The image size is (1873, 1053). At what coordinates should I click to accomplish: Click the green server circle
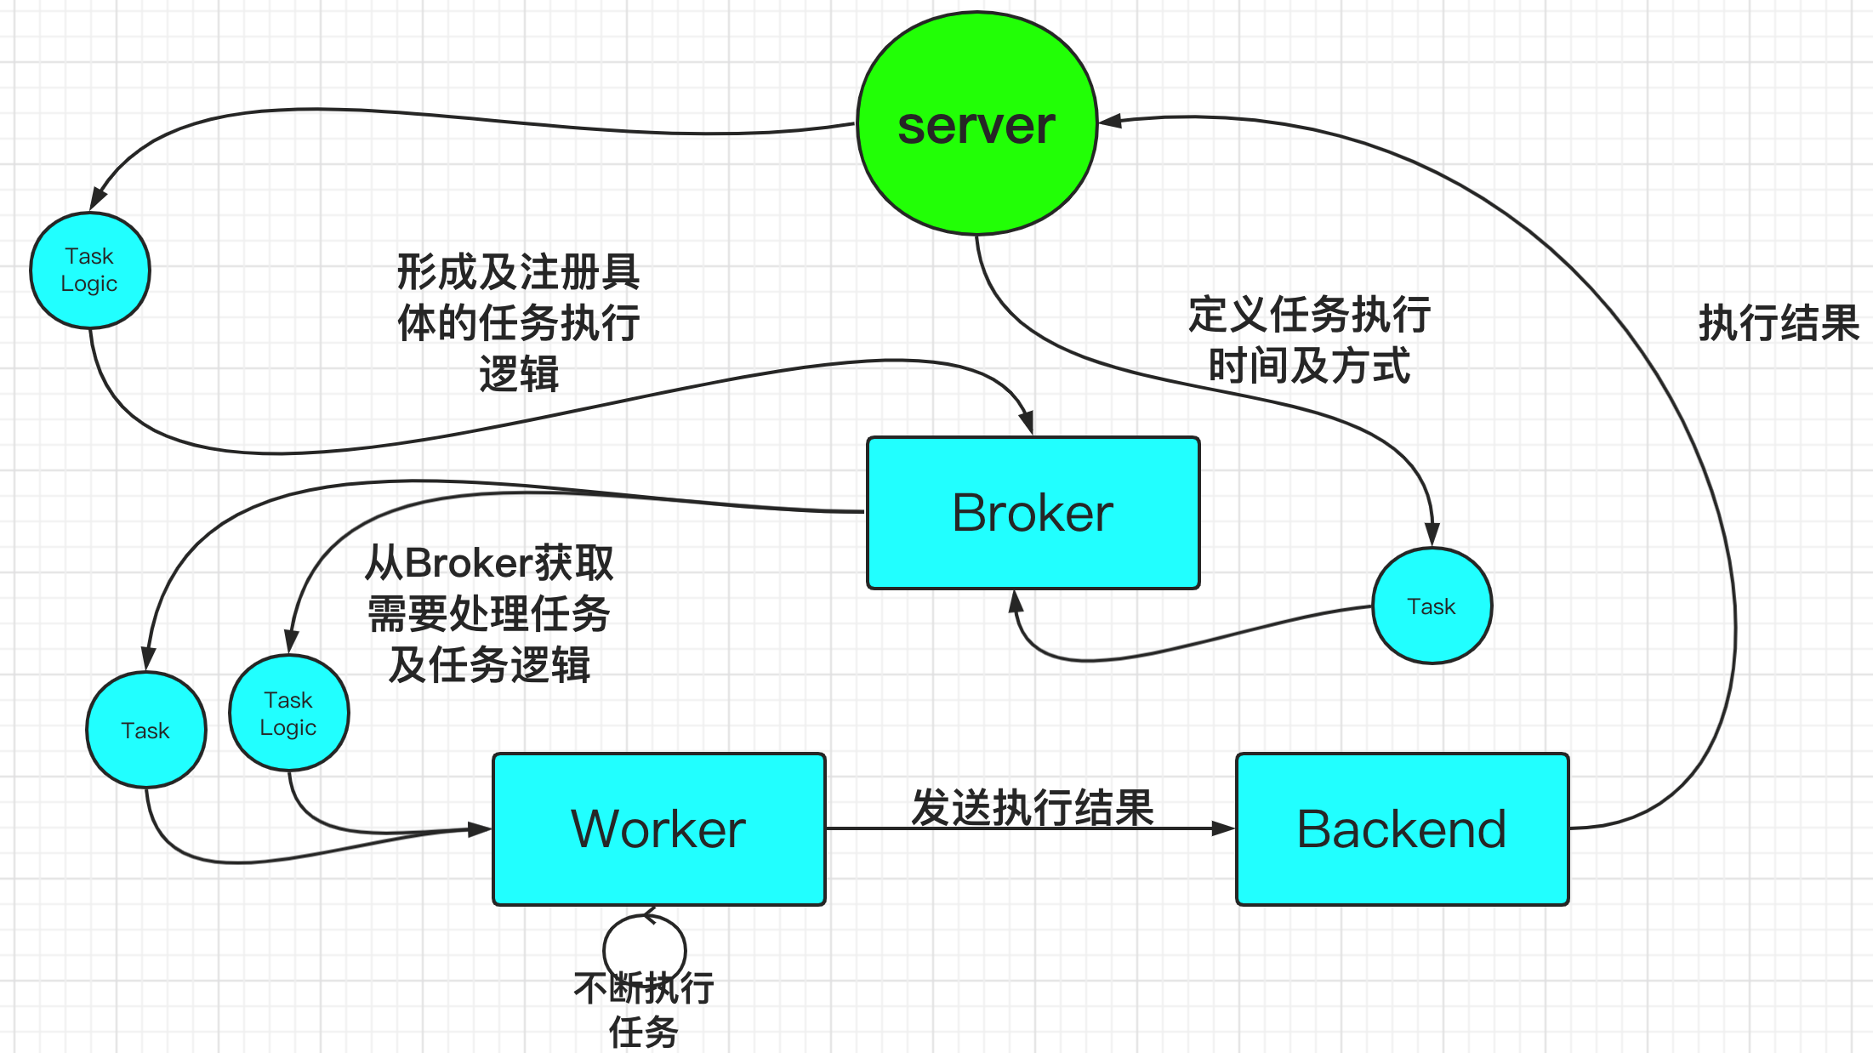coord(976,123)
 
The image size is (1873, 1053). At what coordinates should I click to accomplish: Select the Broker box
coord(1033,513)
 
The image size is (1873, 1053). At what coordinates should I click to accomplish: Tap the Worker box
coord(658,828)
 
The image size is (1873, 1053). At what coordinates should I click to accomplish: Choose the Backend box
coord(1402,828)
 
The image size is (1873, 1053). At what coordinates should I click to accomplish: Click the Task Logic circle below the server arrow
coord(89,270)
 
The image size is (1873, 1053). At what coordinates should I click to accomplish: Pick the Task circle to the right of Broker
coord(1432,606)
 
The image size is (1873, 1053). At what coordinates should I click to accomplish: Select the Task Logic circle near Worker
coord(288,713)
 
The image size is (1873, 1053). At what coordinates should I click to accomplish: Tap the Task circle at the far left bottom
coord(145,730)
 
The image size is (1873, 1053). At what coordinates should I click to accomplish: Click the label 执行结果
coord(1778,323)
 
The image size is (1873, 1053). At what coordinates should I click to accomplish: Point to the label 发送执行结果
coord(1032,806)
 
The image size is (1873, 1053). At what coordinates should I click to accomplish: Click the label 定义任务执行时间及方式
coord(1309,340)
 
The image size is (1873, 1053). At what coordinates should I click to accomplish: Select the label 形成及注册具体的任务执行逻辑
coord(518,322)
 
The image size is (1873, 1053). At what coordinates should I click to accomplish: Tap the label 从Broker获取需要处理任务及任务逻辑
coord(489,613)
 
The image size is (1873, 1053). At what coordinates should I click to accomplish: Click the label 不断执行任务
coord(644,1010)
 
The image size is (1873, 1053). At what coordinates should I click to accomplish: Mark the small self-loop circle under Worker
coord(644,946)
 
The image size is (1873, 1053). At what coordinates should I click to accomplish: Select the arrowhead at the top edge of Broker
coord(1027,422)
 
